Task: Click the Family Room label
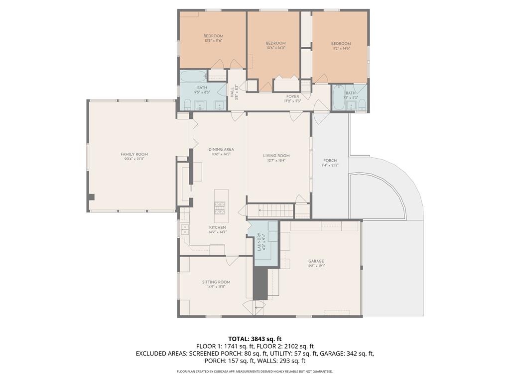click(134, 154)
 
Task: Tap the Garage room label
click(316, 261)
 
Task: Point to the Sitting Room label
click(216, 282)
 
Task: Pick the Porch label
click(330, 161)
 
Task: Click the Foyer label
click(292, 96)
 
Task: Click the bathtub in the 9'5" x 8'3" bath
click(192, 77)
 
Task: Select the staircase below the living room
click(271, 211)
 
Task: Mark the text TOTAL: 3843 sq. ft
click(255, 339)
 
